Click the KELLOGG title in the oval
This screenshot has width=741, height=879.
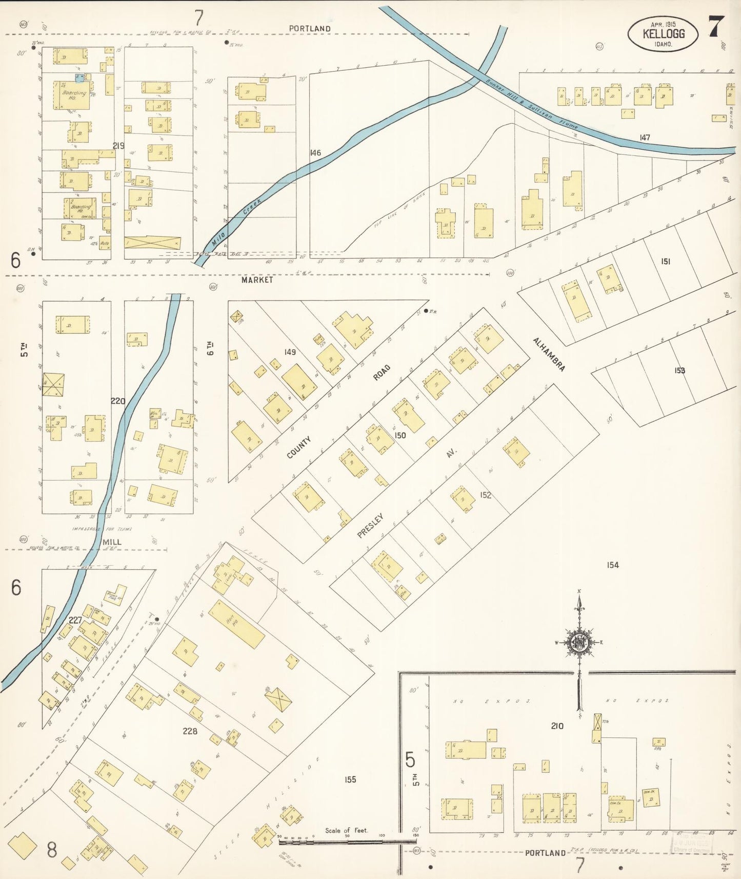click(663, 34)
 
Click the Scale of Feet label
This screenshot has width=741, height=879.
click(346, 830)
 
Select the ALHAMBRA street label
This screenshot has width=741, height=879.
click(549, 354)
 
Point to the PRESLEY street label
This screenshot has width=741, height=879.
click(370, 525)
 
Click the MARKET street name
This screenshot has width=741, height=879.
click(257, 280)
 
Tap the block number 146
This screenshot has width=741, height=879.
click(315, 153)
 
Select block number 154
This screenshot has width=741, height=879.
click(613, 565)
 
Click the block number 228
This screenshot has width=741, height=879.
click(190, 731)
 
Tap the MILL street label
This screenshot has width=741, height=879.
click(112, 542)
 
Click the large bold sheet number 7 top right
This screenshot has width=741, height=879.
click(716, 27)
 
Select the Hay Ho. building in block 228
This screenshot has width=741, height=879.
click(236, 624)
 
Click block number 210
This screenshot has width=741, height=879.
click(557, 726)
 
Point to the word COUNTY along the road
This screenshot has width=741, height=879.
click(299, 447)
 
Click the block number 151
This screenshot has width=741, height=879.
click(665, 262)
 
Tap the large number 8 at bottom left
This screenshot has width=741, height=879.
click(52, 850)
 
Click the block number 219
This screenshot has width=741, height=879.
click(118, 146)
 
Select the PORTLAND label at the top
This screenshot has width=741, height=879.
click(309, 29)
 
